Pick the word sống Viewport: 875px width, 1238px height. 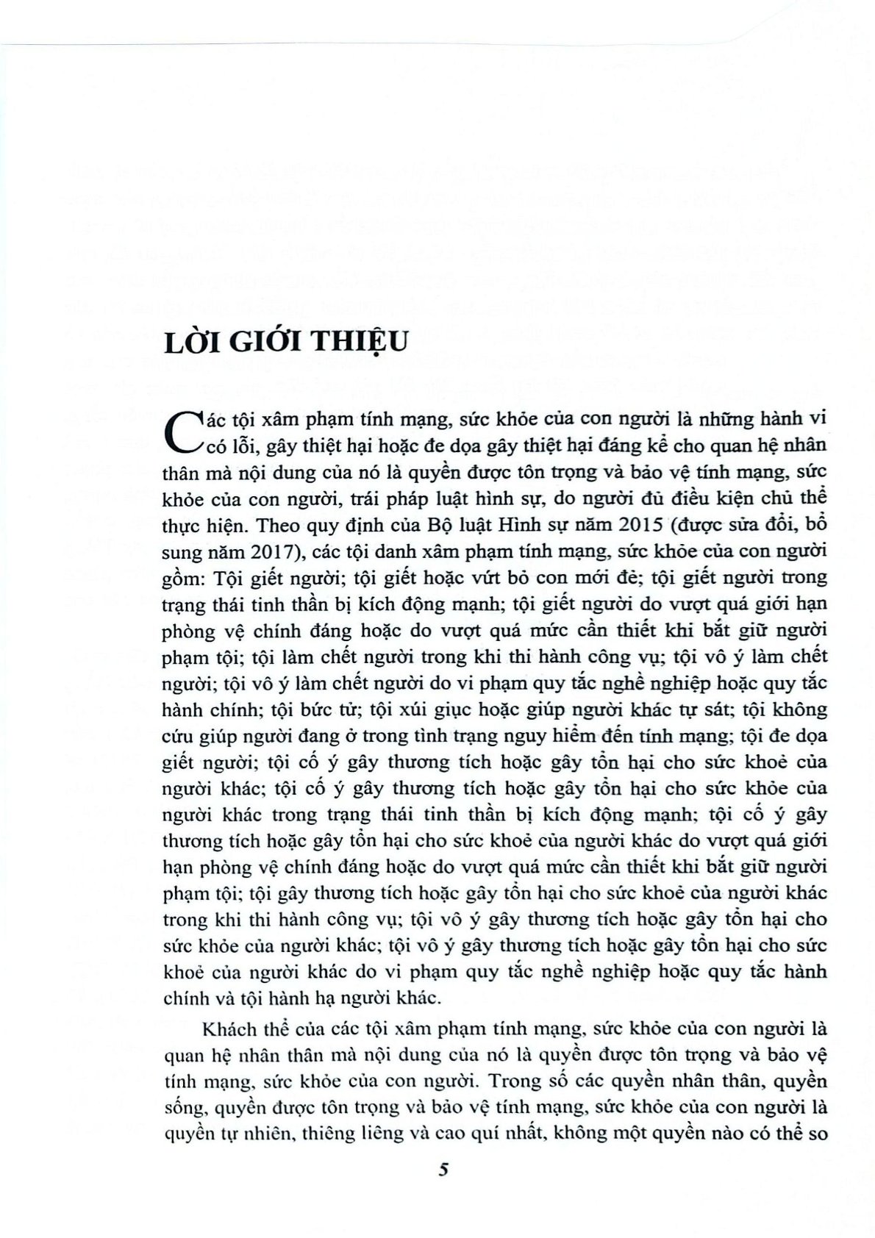coord(180,1108)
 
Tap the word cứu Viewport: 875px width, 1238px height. coord(177,736)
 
